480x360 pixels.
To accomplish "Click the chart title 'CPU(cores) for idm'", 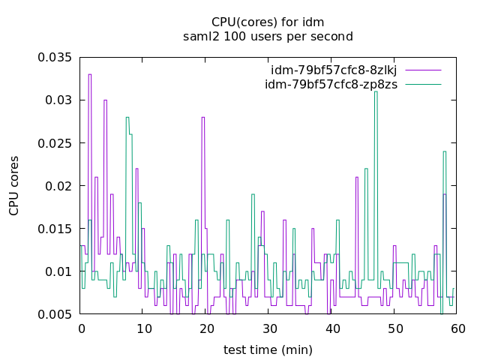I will coord(268,22).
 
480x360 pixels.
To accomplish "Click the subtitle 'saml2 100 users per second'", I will coord(268,36).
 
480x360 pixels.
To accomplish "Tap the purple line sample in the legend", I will coord(423,70).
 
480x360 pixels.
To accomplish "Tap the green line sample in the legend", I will coord(423,84).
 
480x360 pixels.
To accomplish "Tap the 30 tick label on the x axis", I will coord(269,328).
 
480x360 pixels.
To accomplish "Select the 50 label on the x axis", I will coord(394,328).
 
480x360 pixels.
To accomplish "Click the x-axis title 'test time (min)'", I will coord(268,349).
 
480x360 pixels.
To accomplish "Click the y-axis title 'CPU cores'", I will coord(14,185).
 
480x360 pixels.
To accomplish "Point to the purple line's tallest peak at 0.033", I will coord(89,74).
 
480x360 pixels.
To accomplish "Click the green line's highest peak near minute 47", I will coord(376,91).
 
